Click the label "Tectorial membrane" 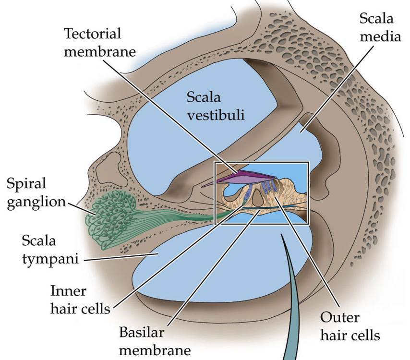[x=93, y=42]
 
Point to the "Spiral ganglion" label [x=34, y=192]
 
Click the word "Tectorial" [x=93, y=34]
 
